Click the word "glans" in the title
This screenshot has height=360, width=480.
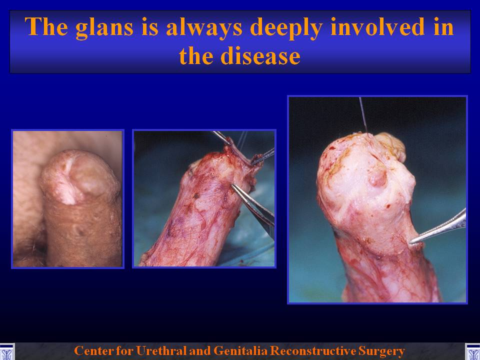[x=104, y=27]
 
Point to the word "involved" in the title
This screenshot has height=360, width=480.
[x=376, y=26]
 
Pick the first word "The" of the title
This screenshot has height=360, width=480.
[x=46, y=26]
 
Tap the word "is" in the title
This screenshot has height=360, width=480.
[x=149, y=26]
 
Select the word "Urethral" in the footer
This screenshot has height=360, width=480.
[x=160, y=350]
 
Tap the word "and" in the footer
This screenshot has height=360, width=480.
[x=199, y=350]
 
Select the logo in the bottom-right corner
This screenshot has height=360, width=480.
[x=472, y=352]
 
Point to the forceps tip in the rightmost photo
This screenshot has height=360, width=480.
[x=411, y=242]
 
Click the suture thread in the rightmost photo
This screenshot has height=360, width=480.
[x=363, y=115]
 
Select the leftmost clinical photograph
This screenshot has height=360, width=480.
[x=67, y=199]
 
